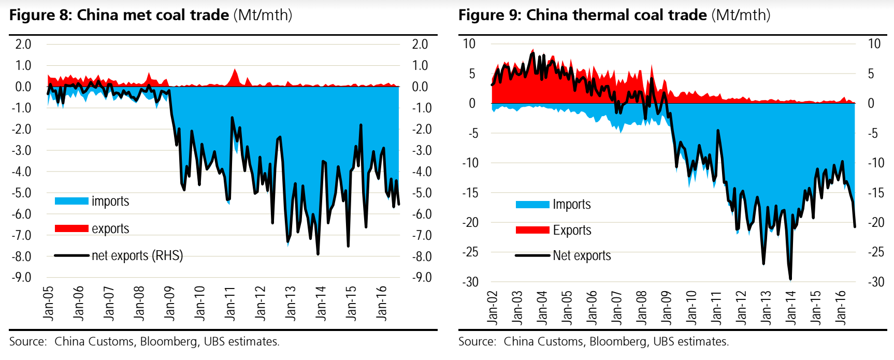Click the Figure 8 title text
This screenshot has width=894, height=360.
pos(150,15)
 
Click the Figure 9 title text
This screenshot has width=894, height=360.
pos(614,15)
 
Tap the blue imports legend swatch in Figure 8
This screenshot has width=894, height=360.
pos(71,201)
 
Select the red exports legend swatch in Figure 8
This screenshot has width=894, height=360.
pos(71,228)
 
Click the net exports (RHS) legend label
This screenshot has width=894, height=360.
pos(137,255)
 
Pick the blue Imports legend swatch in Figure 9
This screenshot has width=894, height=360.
pos(532,205)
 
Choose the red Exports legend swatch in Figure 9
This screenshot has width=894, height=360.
pos(532,230)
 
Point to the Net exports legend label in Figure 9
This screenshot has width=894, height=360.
pos(582,255)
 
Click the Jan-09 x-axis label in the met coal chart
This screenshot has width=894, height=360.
pos(169,303)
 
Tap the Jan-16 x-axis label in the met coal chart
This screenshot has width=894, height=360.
pos(382,303)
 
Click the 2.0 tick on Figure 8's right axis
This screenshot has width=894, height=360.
pos(420,45)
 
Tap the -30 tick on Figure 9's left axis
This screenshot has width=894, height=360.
pos(470,282)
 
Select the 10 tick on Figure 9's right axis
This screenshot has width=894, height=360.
pos(874,44)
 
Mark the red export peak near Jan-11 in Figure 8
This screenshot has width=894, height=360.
pos(235,70)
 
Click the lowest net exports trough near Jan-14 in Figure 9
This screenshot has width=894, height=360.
pos(790,279)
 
